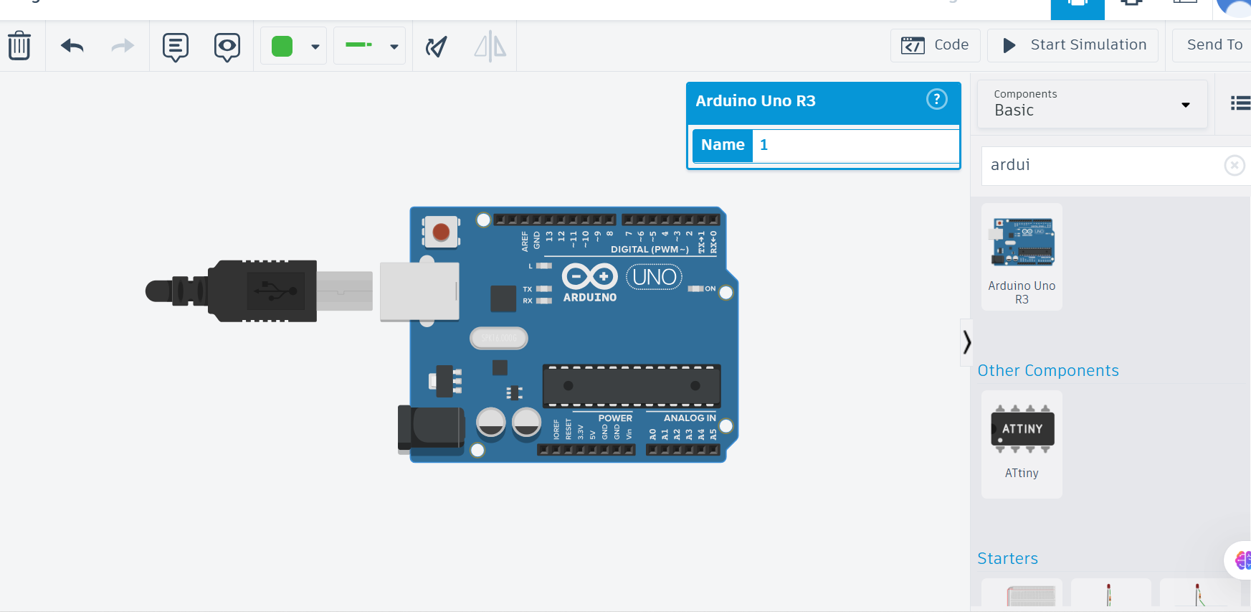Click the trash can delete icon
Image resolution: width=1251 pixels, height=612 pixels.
19,46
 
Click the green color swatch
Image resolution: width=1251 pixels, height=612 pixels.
282,46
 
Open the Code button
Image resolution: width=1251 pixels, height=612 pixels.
935,45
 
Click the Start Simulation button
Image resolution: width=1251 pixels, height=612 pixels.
1073,45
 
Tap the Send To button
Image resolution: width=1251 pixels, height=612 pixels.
1214,45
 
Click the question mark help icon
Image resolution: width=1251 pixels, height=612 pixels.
936,99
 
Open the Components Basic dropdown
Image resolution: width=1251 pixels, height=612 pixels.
1092,104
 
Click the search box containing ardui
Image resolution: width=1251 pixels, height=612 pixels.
1100,165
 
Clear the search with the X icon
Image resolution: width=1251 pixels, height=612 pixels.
1234,166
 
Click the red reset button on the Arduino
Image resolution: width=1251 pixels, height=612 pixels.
441,232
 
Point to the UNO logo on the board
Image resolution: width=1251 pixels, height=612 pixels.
654,277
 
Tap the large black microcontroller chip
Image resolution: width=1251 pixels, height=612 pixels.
631,386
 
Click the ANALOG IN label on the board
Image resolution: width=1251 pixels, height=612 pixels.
689,418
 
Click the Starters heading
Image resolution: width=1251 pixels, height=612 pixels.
1007,558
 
